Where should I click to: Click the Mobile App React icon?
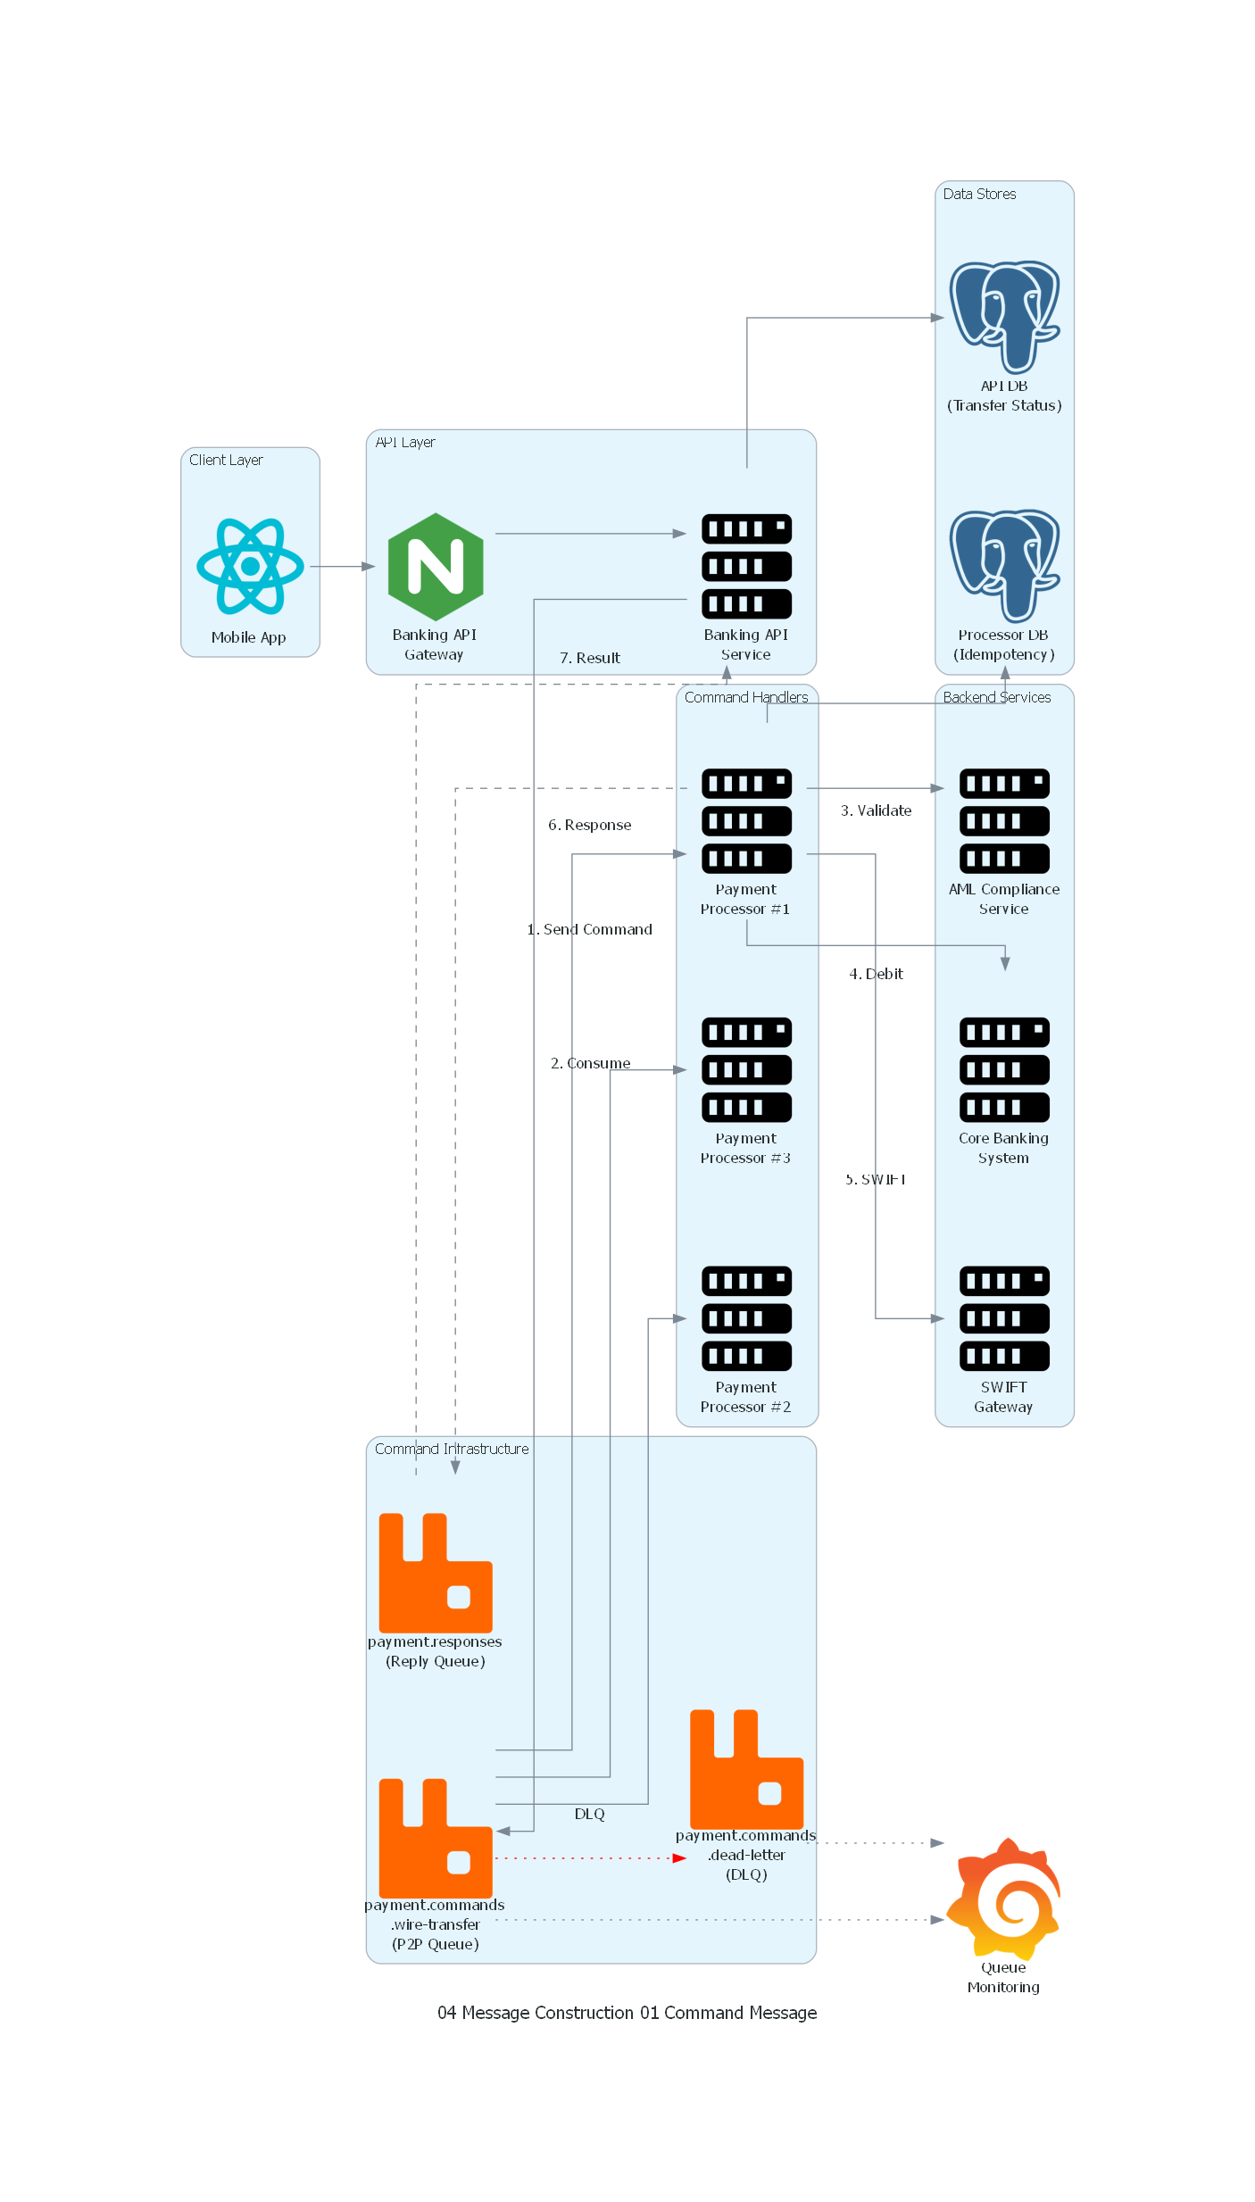pos(250,566)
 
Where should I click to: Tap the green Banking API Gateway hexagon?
pos(436,566)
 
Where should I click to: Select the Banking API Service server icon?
pos(746,566)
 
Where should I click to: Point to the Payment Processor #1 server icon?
pos(746,820)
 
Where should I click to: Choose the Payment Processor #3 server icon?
pos(746,1069)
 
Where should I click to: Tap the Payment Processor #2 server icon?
pos(746,1318)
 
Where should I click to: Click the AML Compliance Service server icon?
pos(1004,820)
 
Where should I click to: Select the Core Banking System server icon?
pos(1004,1069)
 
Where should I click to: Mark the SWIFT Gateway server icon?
pos(1004,1318)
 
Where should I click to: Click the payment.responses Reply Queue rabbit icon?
pos(436,1573)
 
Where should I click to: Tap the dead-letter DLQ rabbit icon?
pos(746,1769)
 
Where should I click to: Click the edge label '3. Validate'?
pos(876,810)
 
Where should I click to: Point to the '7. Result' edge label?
pos(589,658)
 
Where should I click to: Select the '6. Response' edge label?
pos(589,825)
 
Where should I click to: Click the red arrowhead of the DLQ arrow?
pos(680,1858)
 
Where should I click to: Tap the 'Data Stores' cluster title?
pos(979,194)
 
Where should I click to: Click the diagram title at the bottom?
pos(627,2013)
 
